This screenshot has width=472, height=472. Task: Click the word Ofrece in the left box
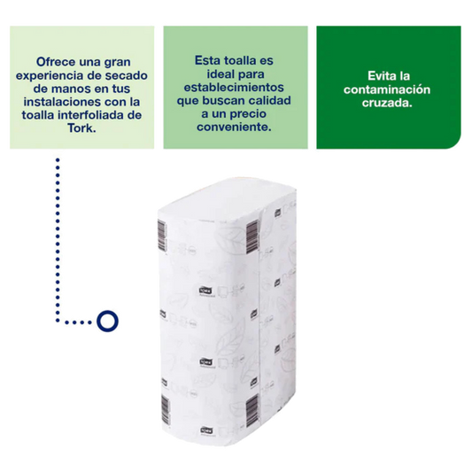pyautogui.click(x=56, y=62)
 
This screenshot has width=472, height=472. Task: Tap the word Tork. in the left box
pyautogui.click(x=81, y=128)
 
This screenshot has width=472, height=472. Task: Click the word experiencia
pyautogui.click(x=49, y=75)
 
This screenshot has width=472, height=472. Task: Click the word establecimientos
pyautogui.click(x=234, y=88)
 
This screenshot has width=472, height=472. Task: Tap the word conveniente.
pyautogui.click(x=234, y=127)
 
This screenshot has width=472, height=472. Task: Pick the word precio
pyautogui.click(x=248, y=113)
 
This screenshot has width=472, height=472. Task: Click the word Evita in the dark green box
pyautogui.click(x=380, y=76)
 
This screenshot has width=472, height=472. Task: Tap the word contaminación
pyautogui.click(x=387, y=89)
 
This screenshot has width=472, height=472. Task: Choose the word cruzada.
pyautogui.click(x=387, y=103)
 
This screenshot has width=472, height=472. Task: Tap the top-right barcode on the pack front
pyautogui.click(x=252, y=236)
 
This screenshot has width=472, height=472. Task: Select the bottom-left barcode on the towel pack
pyautogui.click(x=166, y=409)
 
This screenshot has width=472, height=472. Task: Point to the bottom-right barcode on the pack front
pyautogui.click(x=252, y=411)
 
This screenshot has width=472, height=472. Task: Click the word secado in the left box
pyautogui.click(x=126, y=75)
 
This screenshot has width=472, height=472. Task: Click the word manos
pyautogui.click(x=70, y=89)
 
